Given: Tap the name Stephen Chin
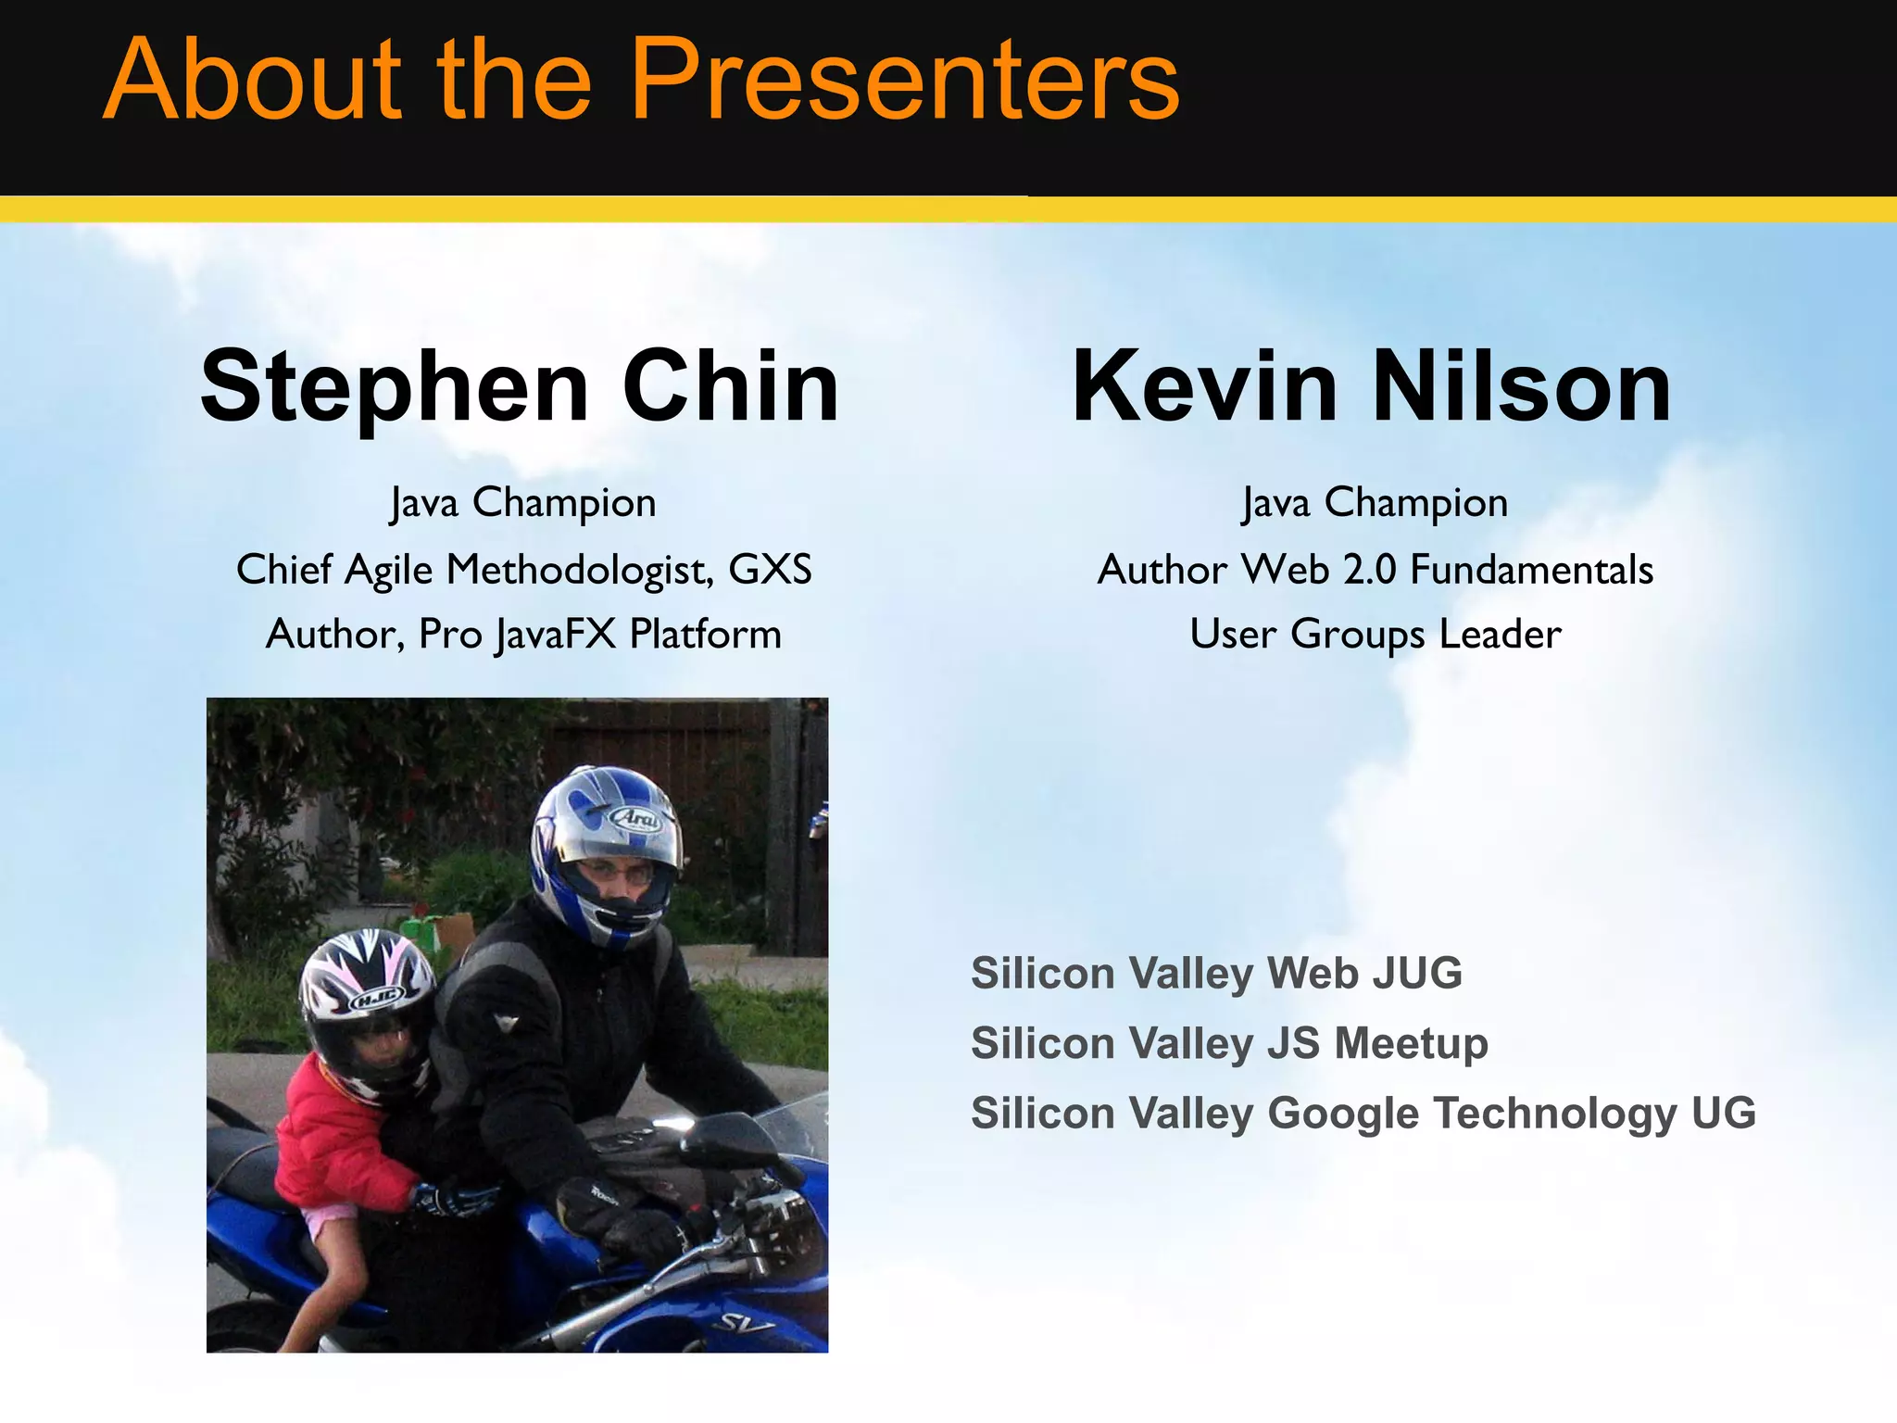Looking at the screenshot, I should [520, 385].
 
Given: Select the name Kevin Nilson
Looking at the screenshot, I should [1372, 385].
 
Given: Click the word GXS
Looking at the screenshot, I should [770, 569].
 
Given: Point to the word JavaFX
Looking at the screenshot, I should [556, 636].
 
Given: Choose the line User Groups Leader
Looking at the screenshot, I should [1376, 635].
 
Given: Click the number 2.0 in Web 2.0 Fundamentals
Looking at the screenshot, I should [1370, 569].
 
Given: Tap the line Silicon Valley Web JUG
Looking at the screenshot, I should [1216, 974].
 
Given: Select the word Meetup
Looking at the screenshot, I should [1411, 1044].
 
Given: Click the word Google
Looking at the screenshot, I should [1343, 1114].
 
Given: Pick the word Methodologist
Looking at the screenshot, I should [581, 570].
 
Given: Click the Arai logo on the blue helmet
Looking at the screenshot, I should [636, 818].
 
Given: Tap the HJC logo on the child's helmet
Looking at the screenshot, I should [374, 999].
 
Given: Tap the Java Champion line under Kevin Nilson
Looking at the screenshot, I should [1376, 503].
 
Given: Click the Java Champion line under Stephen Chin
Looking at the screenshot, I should [523, 503].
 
